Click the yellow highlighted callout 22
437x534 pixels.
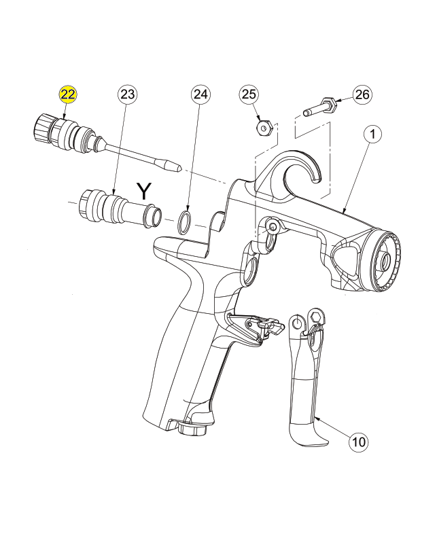point(68,94)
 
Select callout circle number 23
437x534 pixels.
point(127,94)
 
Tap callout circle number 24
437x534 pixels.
point(200,94)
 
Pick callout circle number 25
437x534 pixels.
point(249,94)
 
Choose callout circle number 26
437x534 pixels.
point(362,94)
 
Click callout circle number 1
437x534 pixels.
point(373,135)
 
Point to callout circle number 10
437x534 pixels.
point(358,442)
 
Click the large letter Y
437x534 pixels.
point(143,191)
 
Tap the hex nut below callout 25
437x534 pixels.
point(263,128)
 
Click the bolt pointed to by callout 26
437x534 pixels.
point(320,107)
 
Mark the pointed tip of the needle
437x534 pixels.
point(181,168)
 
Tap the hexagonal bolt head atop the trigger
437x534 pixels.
point(316,317)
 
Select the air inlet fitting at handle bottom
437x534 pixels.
point(192,428)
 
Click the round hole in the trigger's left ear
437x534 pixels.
point(298,323)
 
